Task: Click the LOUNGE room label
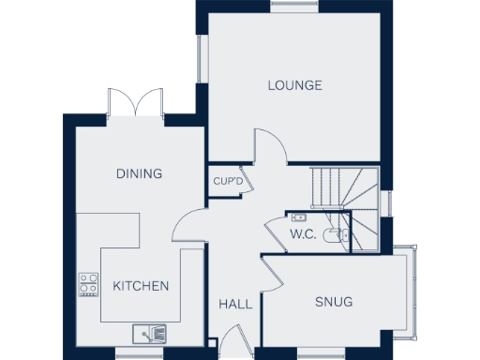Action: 294,85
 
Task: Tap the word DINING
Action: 139,173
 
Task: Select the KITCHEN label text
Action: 141,286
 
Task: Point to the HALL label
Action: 235,305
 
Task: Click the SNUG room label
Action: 334,302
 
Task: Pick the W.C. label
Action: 301,233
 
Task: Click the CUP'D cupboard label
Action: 228,181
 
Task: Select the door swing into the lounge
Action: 269,150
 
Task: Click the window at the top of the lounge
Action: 293,7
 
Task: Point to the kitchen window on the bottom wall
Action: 139,352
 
